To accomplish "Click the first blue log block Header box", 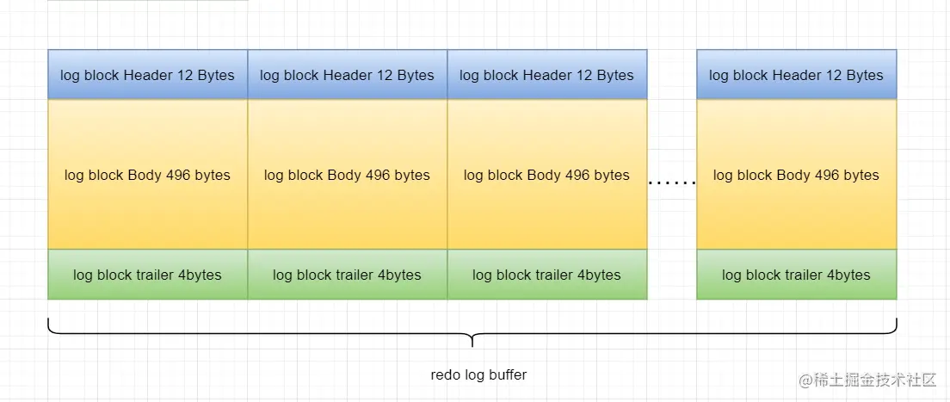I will point(147,75).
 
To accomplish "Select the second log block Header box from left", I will point(347,75).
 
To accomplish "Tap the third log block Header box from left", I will point(546,75).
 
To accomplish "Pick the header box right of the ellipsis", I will point(796,75).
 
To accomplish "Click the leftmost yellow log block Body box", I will point(147,175).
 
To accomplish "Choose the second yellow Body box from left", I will point(347,175).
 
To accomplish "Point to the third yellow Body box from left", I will point(546,175).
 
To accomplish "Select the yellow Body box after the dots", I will point(796,175).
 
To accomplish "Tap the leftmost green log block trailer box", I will point(147,275).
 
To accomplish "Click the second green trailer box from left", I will point(347,275).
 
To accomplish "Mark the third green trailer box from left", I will point(546,275).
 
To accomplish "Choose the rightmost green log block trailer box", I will point(796,275).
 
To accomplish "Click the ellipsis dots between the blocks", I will point(671,182).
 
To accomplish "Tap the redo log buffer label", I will point(478,374).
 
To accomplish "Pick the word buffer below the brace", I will point(508,374).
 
